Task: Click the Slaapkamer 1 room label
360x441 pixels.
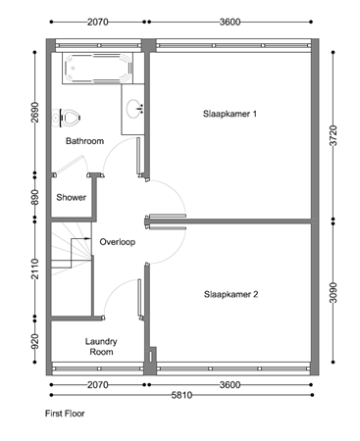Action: point(230,114)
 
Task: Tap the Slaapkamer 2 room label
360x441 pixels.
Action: point(231,294)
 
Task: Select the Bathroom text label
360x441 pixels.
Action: point(84,141)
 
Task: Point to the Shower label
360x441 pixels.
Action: point(71,197)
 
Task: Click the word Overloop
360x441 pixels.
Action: point(117,241)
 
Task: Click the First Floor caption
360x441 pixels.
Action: point(65,414)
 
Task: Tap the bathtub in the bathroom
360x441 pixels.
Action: point(95,72)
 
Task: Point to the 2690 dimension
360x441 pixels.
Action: point(34,113)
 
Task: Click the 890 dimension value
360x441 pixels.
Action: point(34,198)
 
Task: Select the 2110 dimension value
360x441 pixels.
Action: point(34,268)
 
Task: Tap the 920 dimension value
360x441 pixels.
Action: point(34,341)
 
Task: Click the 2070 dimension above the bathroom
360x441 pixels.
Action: point(96,20)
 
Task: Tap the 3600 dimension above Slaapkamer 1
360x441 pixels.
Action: point(231,20)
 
